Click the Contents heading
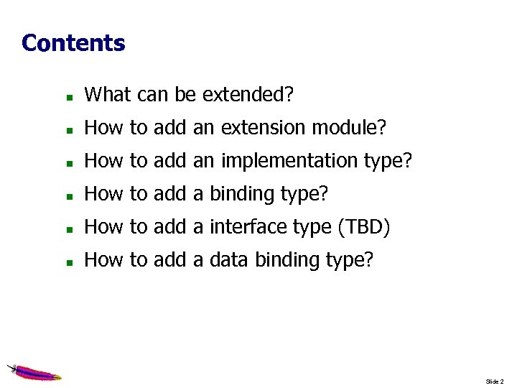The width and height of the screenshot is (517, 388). (x=73, y=43)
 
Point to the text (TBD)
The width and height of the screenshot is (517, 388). (x=363, y=228)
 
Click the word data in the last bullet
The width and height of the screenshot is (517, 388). (x=225, y=260)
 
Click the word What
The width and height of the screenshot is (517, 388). (x=106, y=95)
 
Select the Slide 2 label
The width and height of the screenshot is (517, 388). (x=495, y=381)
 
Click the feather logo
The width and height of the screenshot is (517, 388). (x=33, y=371)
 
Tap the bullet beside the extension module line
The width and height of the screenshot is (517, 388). (x=67, y=129)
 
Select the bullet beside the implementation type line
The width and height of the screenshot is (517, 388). (x=67, y=162)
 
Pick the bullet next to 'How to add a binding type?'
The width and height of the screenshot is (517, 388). (x=67, y=195)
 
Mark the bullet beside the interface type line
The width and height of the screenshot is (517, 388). (x=67, y=228)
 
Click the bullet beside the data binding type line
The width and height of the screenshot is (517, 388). (x=67, y=262)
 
